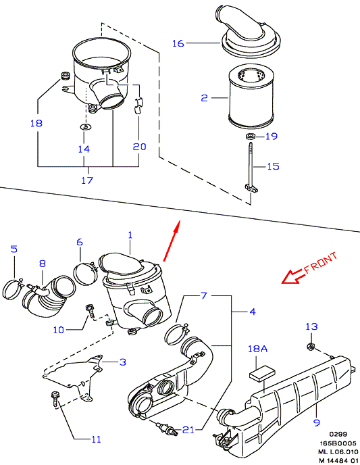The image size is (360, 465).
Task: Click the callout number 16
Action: click(x=178, y=43)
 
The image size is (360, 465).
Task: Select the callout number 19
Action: click(x=271, y=137)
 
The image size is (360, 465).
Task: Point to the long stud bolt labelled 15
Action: click(x=251, y=167)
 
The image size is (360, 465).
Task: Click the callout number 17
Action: click(x=87, y=180)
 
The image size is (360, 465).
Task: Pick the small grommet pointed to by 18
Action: click(x=65, y=76)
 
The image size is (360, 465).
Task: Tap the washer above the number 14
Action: click(x=86, y=127)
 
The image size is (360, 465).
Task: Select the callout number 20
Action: click(x=139, y=147)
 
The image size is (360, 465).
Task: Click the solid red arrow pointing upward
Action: click(x=172, y=241)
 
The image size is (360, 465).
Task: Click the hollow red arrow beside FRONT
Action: click(x=293, y=276)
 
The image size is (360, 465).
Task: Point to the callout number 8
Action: click(x=43, y=264)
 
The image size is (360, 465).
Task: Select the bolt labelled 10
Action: click(x=89, y=311)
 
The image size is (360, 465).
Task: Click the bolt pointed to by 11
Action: click(x=55, y=399)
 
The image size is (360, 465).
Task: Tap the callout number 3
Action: click(x=123, y=362)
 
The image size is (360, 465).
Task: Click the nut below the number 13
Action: click(x=310, y=346)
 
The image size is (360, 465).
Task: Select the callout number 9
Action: click(x=317, y=422)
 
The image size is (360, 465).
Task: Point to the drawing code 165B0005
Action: click(x=338, y=443)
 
